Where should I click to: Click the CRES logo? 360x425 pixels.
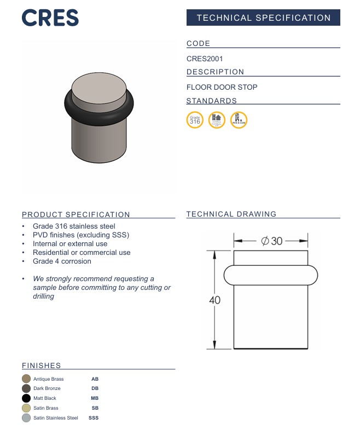(x=50, y=18)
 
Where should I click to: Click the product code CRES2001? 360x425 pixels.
(x=205, y=59)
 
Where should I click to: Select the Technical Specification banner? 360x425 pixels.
(x=263, y=18)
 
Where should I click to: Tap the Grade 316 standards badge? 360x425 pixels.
(x=195, y=120)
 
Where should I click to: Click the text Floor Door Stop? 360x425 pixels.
(x=222, y=87)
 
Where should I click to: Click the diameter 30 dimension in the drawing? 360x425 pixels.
(x=272, y=240)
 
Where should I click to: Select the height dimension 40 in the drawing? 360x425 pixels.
(x=214, y=300)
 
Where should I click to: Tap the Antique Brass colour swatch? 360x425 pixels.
(x=26, y=379)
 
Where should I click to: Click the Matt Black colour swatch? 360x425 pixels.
(x=26, y=398)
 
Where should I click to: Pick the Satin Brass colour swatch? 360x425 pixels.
(x=26, y=408)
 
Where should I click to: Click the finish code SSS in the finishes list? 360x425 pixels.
(x=94, y=418)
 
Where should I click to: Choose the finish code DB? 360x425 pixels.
(x=95, y=388)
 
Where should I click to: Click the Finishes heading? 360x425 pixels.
(x=42, y=365)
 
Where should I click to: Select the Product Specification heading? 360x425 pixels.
(x=76, y=214)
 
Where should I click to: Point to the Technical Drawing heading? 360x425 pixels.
(x=231, y=214)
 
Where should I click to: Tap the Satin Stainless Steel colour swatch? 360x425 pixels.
(x=26, y=418)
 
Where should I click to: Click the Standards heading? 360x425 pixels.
(x=212, y=101)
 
